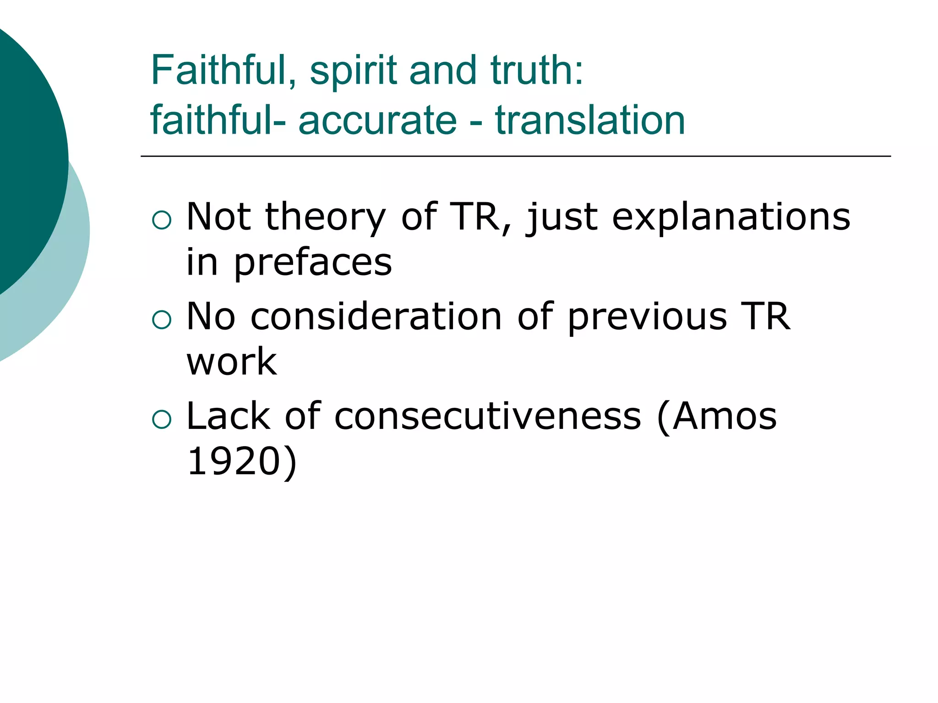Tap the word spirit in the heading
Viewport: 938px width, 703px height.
pos(353,71)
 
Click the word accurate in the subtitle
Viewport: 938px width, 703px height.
pos(377,120)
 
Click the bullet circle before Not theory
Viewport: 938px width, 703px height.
pos(161,220)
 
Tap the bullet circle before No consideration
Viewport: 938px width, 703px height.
pos(161,319)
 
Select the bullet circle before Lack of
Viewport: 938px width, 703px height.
pos(161,419)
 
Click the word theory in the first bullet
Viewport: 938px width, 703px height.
pos(326,217)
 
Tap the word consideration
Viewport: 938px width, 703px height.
pos(376,316)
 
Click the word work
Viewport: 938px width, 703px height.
pos(232,362)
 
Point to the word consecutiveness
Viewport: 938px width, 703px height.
pos(487,416)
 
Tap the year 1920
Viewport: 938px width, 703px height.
pos(234,461)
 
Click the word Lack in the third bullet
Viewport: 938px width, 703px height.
pos(228,416)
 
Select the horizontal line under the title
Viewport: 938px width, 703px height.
pos(515,157)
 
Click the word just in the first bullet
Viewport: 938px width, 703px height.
pos(562,217)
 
